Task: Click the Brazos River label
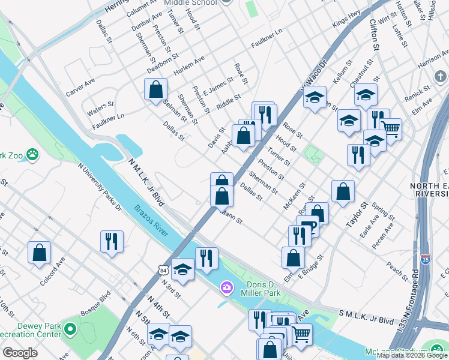pyautogui.click(x=151, y=217)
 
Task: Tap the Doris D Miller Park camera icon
pyautogui.click(x=226, y=288)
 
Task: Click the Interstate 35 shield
pyautogui.click(x=425, y=258)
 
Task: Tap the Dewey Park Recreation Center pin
pyautogui.click(x=70, y=329)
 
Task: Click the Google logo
pyautogui.click(x=20, y=353)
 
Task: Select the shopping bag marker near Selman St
pyautogui.click(x=155, y=90)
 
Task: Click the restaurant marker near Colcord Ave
pyautogui.click(x=112, y=241)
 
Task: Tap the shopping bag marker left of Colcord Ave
pyautogui.click(x=39, y=253)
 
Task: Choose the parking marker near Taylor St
pyautogui.click(x=309, y=227)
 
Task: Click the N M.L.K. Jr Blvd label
pyautogui.click(x=148, y=183)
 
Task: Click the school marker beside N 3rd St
pyautogui.click(x=182, y=269)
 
